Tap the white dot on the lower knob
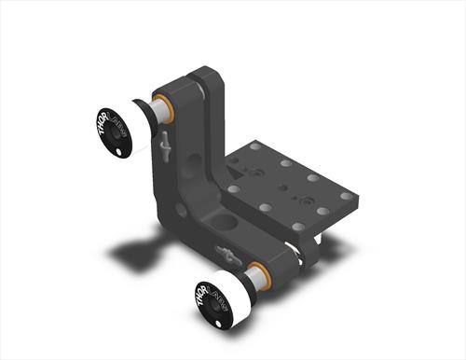tap(218, 324)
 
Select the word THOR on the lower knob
tap(202, 294)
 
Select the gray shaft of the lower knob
tap(255, 278)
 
